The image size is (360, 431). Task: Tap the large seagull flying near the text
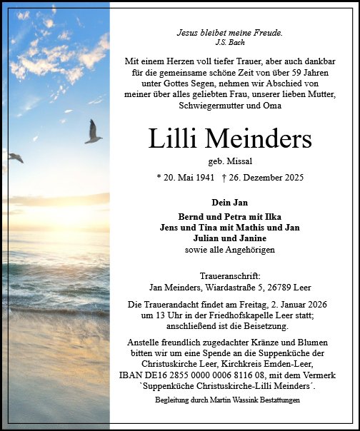[x=93, y=133]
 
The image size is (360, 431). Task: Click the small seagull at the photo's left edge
[x=16, y=157]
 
